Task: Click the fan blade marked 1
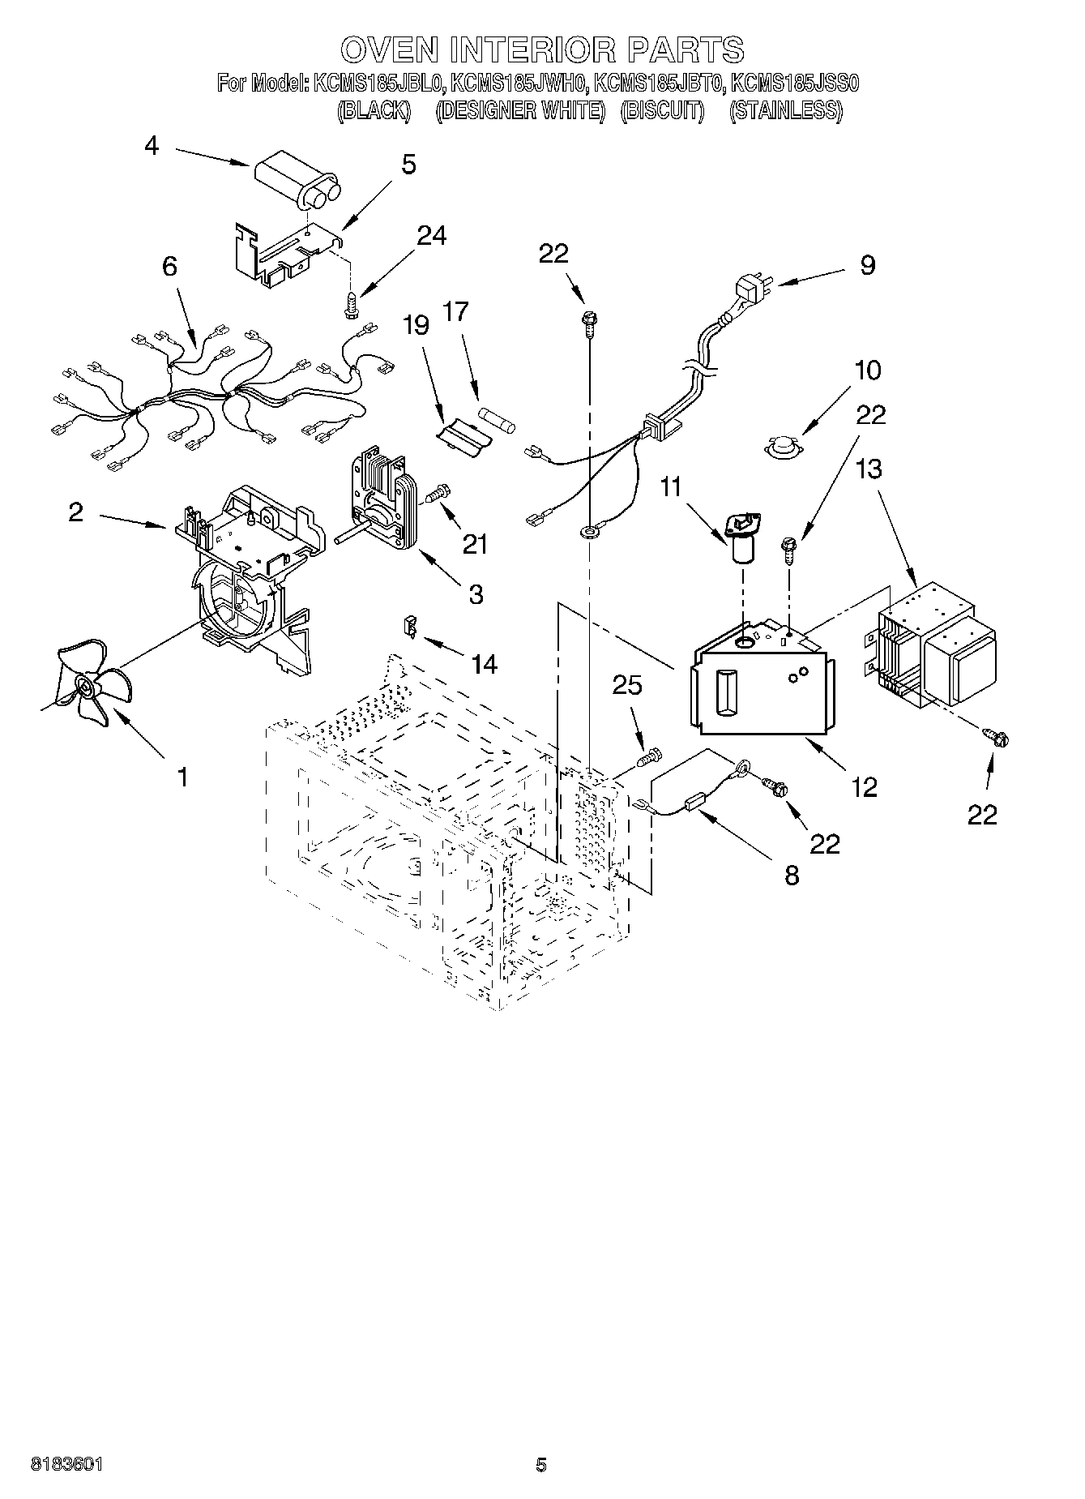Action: click(88, 687)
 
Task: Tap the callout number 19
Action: click(416, 326)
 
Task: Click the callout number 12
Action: click(865, 786)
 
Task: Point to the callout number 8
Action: click(792, 875)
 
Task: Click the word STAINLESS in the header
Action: click(785, 110)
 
